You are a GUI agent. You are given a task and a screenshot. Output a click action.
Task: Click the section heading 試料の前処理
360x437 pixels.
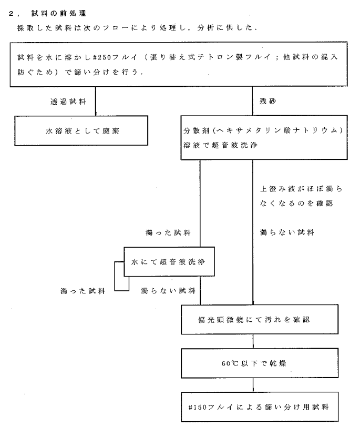pyautogui.click(x=59, y=13)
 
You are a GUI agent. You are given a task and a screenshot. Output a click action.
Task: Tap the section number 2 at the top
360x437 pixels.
pyautogui.click(x=11, y=13)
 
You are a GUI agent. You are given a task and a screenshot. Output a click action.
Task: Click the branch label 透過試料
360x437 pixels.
pyautogui.click(x=68, y=101)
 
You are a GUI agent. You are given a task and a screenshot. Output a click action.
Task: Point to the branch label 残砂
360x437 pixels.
pyautogui.click(x=268, y=101)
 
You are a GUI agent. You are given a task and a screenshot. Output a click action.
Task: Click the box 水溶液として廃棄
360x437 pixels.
pyautogui.click(x=81, y=131)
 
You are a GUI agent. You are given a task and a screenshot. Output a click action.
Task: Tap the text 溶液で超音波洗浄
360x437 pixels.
pyautogui.click(x=220, y=145)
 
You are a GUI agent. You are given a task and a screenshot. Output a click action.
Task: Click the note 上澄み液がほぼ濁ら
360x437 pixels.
pyautogui.click(x=301, y=189)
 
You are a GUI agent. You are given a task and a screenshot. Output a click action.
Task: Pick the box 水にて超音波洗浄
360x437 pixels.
pyautogui.click(x=169, y=262)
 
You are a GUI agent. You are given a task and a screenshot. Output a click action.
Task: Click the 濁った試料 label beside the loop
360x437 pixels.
pyautogui.click(x=83, y=291)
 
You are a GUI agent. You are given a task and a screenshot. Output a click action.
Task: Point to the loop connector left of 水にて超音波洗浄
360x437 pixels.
pyautogui.click(x=115, y=276)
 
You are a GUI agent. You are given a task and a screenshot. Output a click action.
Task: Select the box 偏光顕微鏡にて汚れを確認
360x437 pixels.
pyautogui.click(x=260, y=319)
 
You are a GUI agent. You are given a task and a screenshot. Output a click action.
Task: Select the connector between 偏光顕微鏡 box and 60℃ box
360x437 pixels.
pyautogui.click(x=253, y=341)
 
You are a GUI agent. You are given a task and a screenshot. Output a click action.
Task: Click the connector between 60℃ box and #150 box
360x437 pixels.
pyautogui.click(x=253, y=385)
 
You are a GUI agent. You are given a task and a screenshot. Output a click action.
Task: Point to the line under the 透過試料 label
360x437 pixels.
pyautogui.click(x=96, y=101)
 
